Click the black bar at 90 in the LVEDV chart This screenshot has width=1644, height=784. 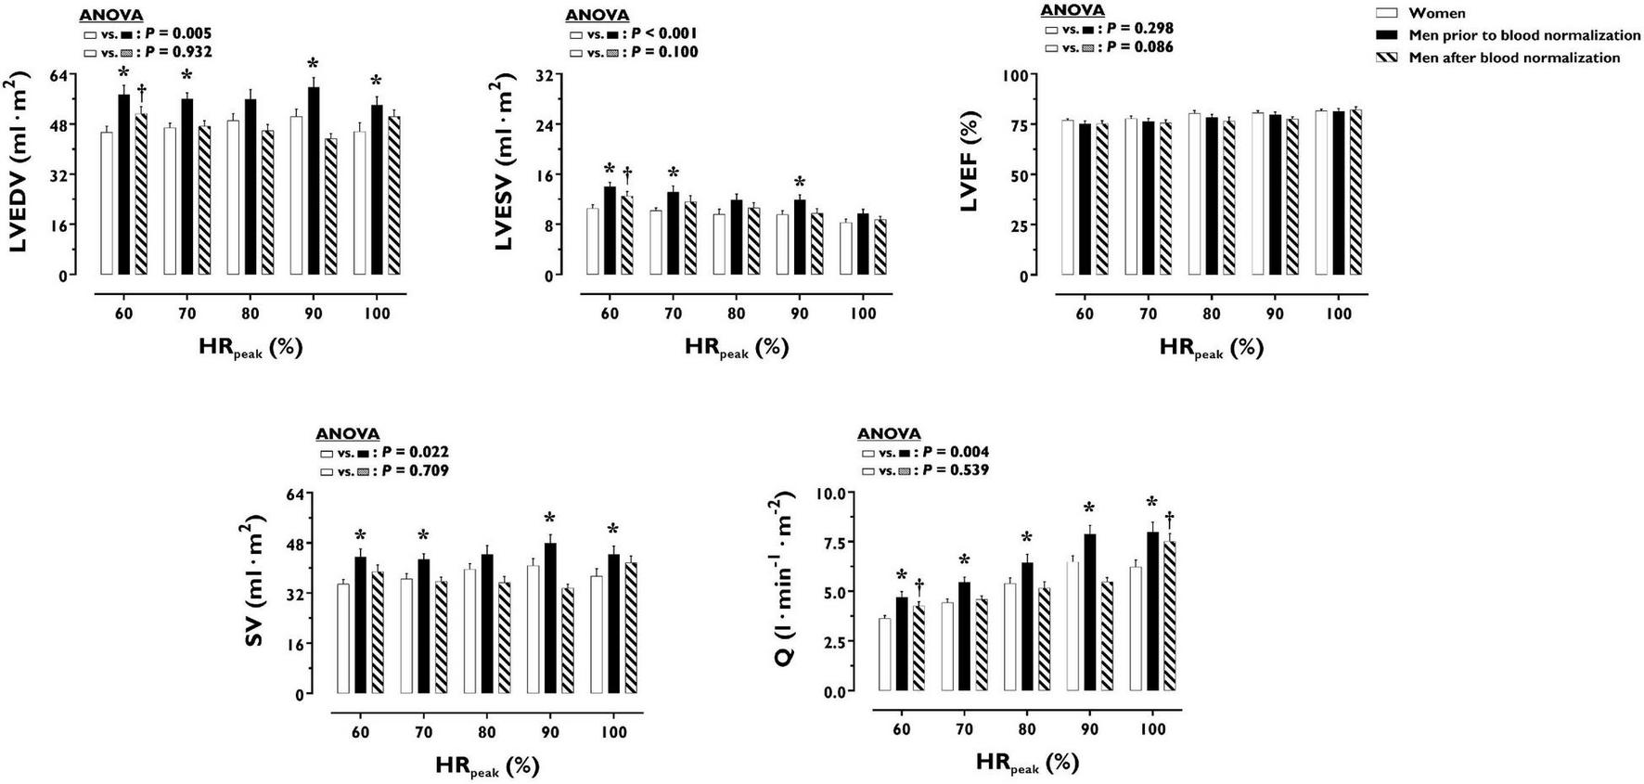[314, 182]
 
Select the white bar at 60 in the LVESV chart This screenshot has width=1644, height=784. [593, 242]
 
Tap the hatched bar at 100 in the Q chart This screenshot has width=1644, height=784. [1170, 617]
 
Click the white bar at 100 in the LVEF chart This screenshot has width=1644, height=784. [1321, 193]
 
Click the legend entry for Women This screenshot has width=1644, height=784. [1437, 13]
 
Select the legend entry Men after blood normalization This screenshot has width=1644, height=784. [1514, 58]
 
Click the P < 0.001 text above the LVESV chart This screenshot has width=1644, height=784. [664, 33]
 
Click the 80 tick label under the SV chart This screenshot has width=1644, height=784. [486, 732]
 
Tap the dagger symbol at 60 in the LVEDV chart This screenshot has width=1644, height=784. [141, 91]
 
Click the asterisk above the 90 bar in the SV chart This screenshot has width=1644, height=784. [549, 518]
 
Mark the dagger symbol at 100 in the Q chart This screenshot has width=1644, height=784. [1170, 518]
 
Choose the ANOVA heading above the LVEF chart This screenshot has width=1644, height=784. [1072, 10]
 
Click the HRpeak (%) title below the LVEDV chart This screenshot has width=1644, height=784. [250, 349]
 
